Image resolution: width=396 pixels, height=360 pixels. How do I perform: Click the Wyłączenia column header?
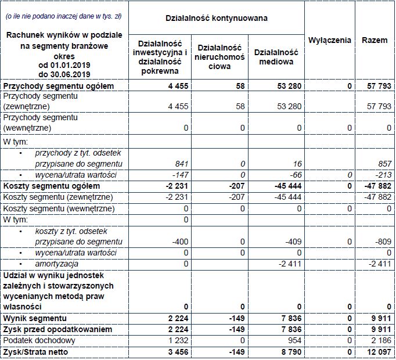tap(330, 40)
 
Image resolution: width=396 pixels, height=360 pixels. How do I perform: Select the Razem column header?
tap(375, 40)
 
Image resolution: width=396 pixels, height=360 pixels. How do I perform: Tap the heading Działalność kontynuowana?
tap(217, 18)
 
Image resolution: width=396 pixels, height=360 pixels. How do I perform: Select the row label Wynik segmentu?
tap(35, 318)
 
